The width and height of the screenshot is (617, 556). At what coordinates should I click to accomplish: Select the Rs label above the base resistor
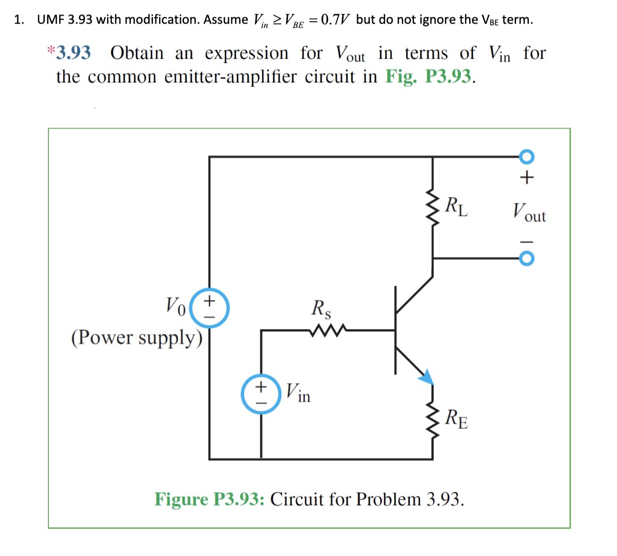click(321, 309)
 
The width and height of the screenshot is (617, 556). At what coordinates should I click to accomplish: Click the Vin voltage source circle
click(261, 394)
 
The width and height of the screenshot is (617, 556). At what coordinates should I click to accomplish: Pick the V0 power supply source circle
click(210, 308)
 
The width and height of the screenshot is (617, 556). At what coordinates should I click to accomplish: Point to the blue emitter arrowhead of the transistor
click(426, 377)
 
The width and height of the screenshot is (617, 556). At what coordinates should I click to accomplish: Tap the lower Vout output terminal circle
click(526, 258)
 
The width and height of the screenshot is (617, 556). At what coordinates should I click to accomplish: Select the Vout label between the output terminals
click(528, 212)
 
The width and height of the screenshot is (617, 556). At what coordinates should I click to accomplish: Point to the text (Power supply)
click(137, 338)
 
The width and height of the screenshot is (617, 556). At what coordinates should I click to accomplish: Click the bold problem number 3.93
click(74, 53)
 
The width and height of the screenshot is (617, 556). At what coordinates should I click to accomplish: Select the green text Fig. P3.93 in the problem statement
click(428, 77)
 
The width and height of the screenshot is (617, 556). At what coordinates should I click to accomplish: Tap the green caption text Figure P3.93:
click(210, 499)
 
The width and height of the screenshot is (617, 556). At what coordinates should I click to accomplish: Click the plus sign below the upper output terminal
click(526, 178)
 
